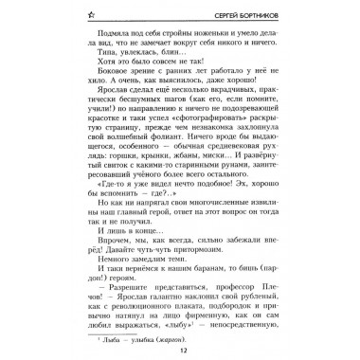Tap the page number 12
[180, 351]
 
